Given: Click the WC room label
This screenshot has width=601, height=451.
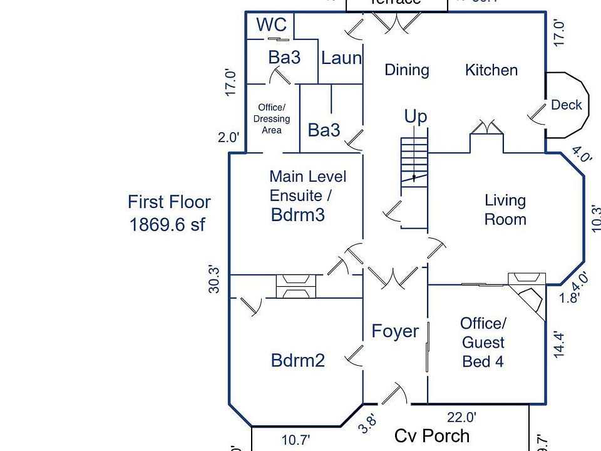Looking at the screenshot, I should (x=272, y=25).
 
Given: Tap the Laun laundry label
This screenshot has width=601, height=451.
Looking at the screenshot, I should (x=341, y=58).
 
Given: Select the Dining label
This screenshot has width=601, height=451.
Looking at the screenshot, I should (x=406, y=70).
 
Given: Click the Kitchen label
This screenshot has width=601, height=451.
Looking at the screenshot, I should (x=491, y=70).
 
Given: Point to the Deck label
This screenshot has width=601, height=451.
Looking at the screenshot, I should (x=566, y=105).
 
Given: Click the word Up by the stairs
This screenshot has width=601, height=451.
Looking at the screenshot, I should (x=415, y=117).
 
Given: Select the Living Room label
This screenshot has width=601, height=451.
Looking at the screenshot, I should (x=505, y=210).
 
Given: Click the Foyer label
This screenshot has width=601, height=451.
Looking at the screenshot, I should (x=395, y=331).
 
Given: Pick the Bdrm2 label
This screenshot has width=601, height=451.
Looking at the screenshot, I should (x=298, y=360).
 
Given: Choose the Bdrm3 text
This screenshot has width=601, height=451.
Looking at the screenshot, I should (x=298, y=215).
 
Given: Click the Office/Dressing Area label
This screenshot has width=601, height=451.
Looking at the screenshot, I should (x=272, y=118).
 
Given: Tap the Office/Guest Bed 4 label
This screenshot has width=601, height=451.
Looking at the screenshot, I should (x=483, y=342).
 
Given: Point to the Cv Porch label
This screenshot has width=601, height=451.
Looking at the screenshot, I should (x=432, y=435).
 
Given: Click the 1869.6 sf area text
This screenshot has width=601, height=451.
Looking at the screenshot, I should (x=167, y=225).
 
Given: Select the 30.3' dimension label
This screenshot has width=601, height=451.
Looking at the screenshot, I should (x=215, y=279).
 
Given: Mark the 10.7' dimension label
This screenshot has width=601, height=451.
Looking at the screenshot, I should (x=294, y=440).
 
